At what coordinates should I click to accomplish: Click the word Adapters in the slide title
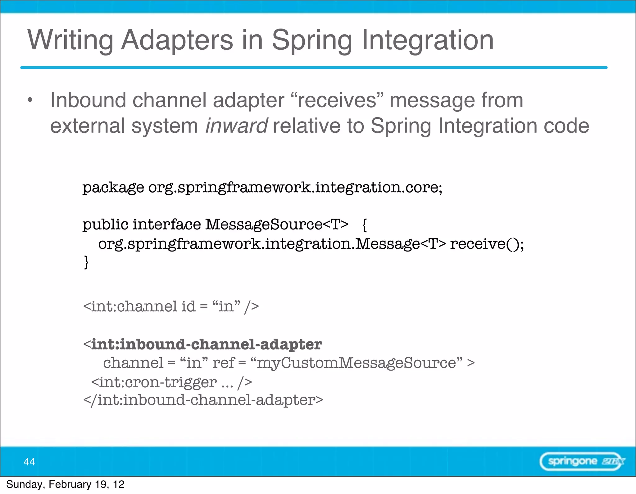coord(177,40)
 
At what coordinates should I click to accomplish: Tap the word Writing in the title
coord(70,40)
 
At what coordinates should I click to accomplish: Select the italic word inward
coord(237,126)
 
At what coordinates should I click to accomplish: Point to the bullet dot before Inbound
coord(30,100)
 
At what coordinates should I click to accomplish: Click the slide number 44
coord(30,462)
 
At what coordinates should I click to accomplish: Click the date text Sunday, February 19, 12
coord(65,484)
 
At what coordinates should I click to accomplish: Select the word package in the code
coord(113,188)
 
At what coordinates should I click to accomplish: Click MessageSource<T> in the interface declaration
coord(277,224)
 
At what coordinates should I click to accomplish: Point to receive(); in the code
coord(487,244)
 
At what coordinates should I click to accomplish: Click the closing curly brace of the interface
coord(86,262)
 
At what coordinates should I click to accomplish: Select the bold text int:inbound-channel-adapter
coord(207,345)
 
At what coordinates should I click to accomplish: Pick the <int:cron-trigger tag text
coord(154,382)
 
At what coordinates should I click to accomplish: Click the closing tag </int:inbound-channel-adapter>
coord(203,400)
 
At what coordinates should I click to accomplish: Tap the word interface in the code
coord(167,224)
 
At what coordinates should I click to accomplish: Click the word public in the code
coord(105,224)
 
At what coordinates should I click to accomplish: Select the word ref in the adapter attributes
coord(223,363)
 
